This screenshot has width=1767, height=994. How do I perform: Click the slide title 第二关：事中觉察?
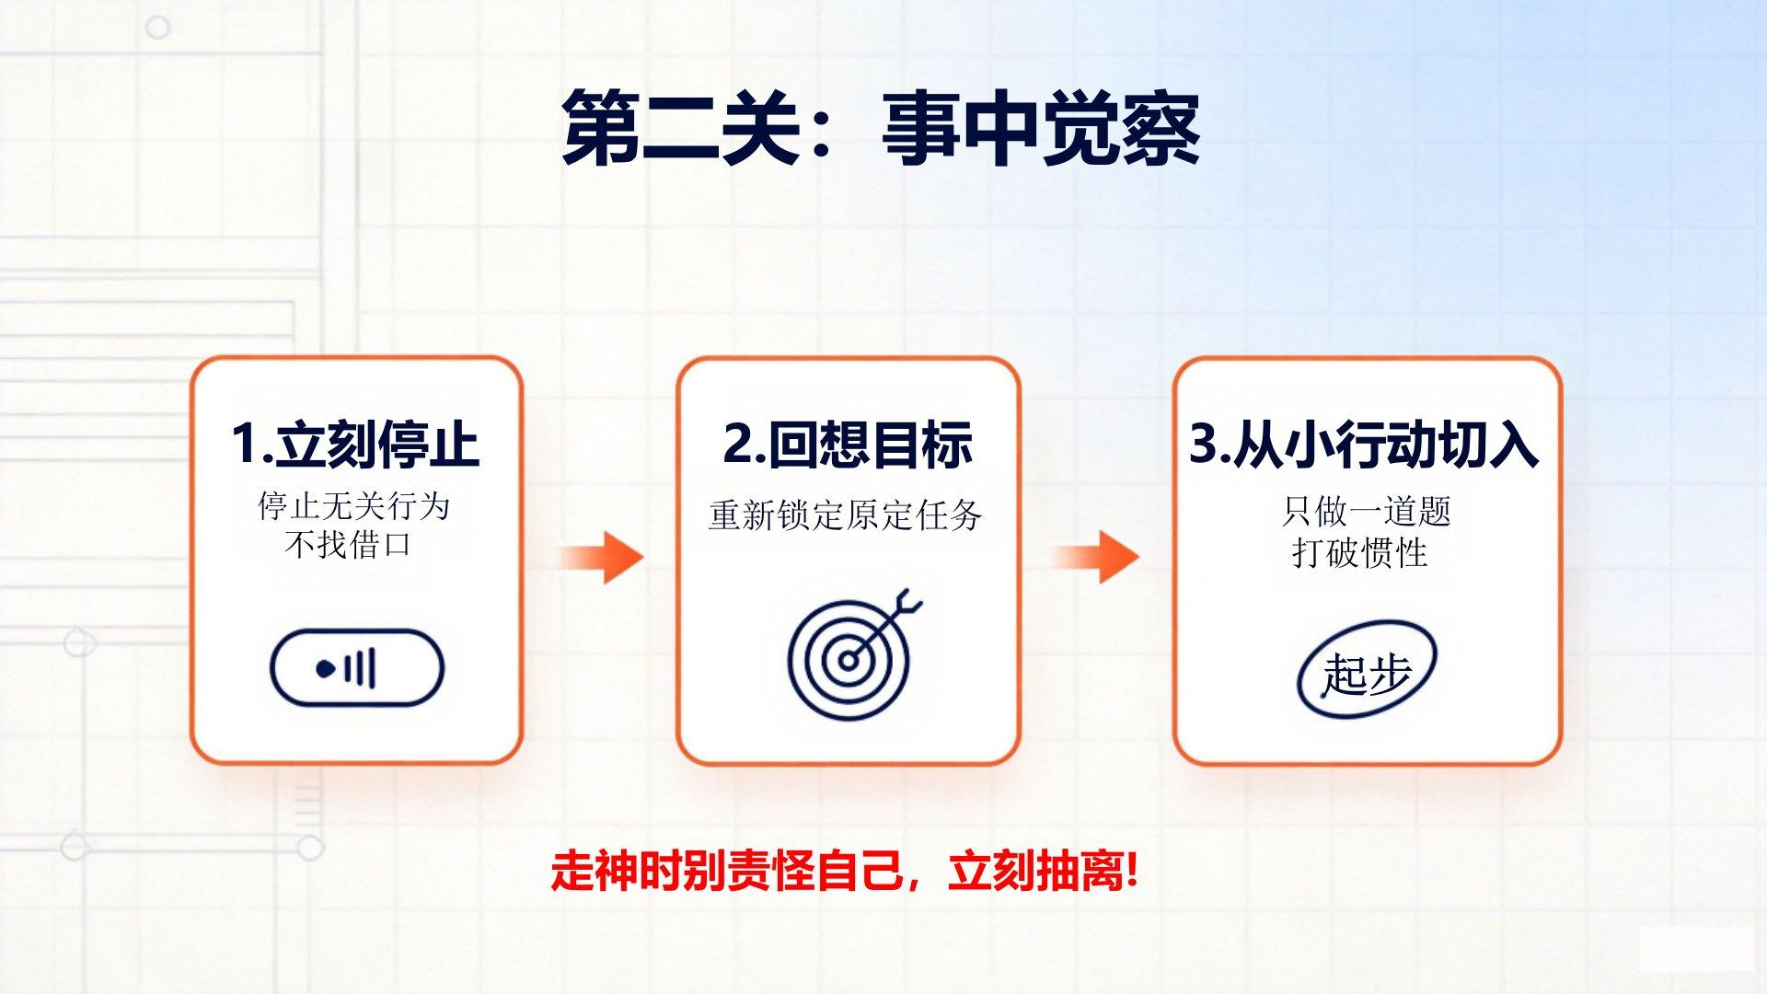coord(881,129)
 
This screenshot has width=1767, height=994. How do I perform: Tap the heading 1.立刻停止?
coord(355,444)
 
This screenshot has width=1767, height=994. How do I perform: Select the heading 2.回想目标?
coord(848,444)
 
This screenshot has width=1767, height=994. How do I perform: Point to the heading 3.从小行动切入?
coord(1364,444)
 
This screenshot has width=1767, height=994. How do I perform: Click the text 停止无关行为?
coord(354,505)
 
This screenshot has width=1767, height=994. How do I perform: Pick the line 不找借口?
coord(348,545)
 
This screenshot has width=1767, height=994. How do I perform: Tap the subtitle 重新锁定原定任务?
coord(846,514)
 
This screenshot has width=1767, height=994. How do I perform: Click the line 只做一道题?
coord(1366,511)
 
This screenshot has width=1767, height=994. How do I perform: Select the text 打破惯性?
coord(1359,552)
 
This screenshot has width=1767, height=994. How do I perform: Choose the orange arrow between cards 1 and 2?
coord(599,557)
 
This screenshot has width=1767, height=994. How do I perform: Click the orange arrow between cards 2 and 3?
coord(1095,557)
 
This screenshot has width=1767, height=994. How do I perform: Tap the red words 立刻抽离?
coord(1044,870)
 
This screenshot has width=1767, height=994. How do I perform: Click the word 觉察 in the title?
coord(1121,129)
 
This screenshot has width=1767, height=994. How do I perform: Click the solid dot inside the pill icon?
coord(325,668)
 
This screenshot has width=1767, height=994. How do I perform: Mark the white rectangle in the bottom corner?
coord(1696,948)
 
